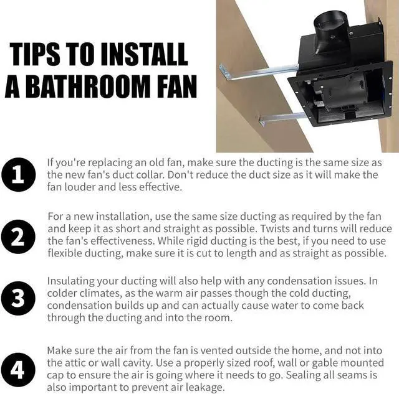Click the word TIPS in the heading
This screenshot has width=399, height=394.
[35, 54]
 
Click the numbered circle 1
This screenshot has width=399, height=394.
[18, 174]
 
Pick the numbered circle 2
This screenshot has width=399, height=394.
[18, 237]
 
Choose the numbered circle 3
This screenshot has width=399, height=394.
[18, 299]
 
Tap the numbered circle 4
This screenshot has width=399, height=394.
[18, 370]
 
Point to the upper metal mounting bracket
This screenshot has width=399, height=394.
[258, 72]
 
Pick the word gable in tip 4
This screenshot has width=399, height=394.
[324, 363]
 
